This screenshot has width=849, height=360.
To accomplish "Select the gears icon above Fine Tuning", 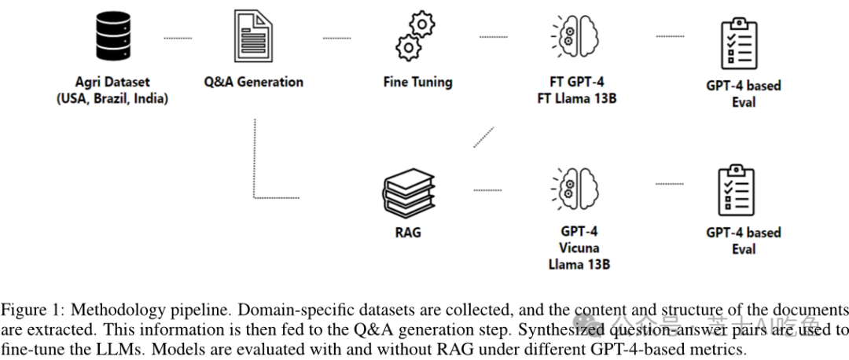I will (416, 37).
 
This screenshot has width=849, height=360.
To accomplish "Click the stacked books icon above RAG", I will (408, 191).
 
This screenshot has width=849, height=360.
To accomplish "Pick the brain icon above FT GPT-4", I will (577, 36).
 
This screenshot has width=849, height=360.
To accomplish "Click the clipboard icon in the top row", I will (740, 42).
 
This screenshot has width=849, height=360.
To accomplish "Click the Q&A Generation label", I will (253, 82).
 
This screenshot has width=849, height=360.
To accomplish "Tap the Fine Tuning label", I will (417, 82).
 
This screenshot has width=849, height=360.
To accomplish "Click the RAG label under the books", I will (408, 232).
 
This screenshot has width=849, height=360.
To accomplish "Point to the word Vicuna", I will (579, 248).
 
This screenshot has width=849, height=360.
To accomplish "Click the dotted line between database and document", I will (178, 37).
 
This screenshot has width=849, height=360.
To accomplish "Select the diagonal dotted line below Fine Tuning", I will (483, 136).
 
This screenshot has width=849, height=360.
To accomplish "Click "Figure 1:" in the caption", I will (24, 309).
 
